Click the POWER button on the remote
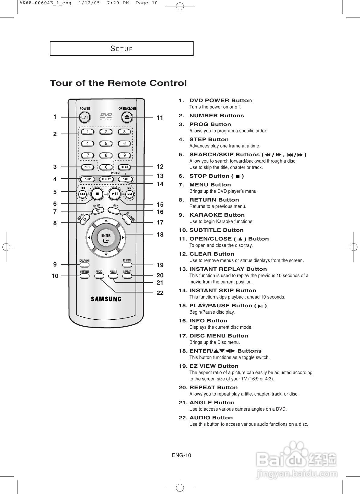(x=85, y=117)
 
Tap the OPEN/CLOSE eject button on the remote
(x=127, y=117)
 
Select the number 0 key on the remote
(x=106, y=167)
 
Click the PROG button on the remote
(x=88, y=167)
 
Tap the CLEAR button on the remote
(x=124, y=167)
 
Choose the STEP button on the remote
(x=88, y=179)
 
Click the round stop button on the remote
(x=97, y=193)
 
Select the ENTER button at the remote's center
(x=106, y=238)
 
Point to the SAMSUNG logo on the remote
(x=106, y=299)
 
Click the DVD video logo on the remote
(x=106, y=116)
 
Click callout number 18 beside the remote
(x=160, y=234)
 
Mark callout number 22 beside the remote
(x=160, y=293)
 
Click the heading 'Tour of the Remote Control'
(x=118, y=83)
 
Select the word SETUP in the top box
(x=122, y=49)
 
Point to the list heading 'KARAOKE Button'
(x=217, y=215)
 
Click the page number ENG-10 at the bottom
(x=182, y=456)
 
